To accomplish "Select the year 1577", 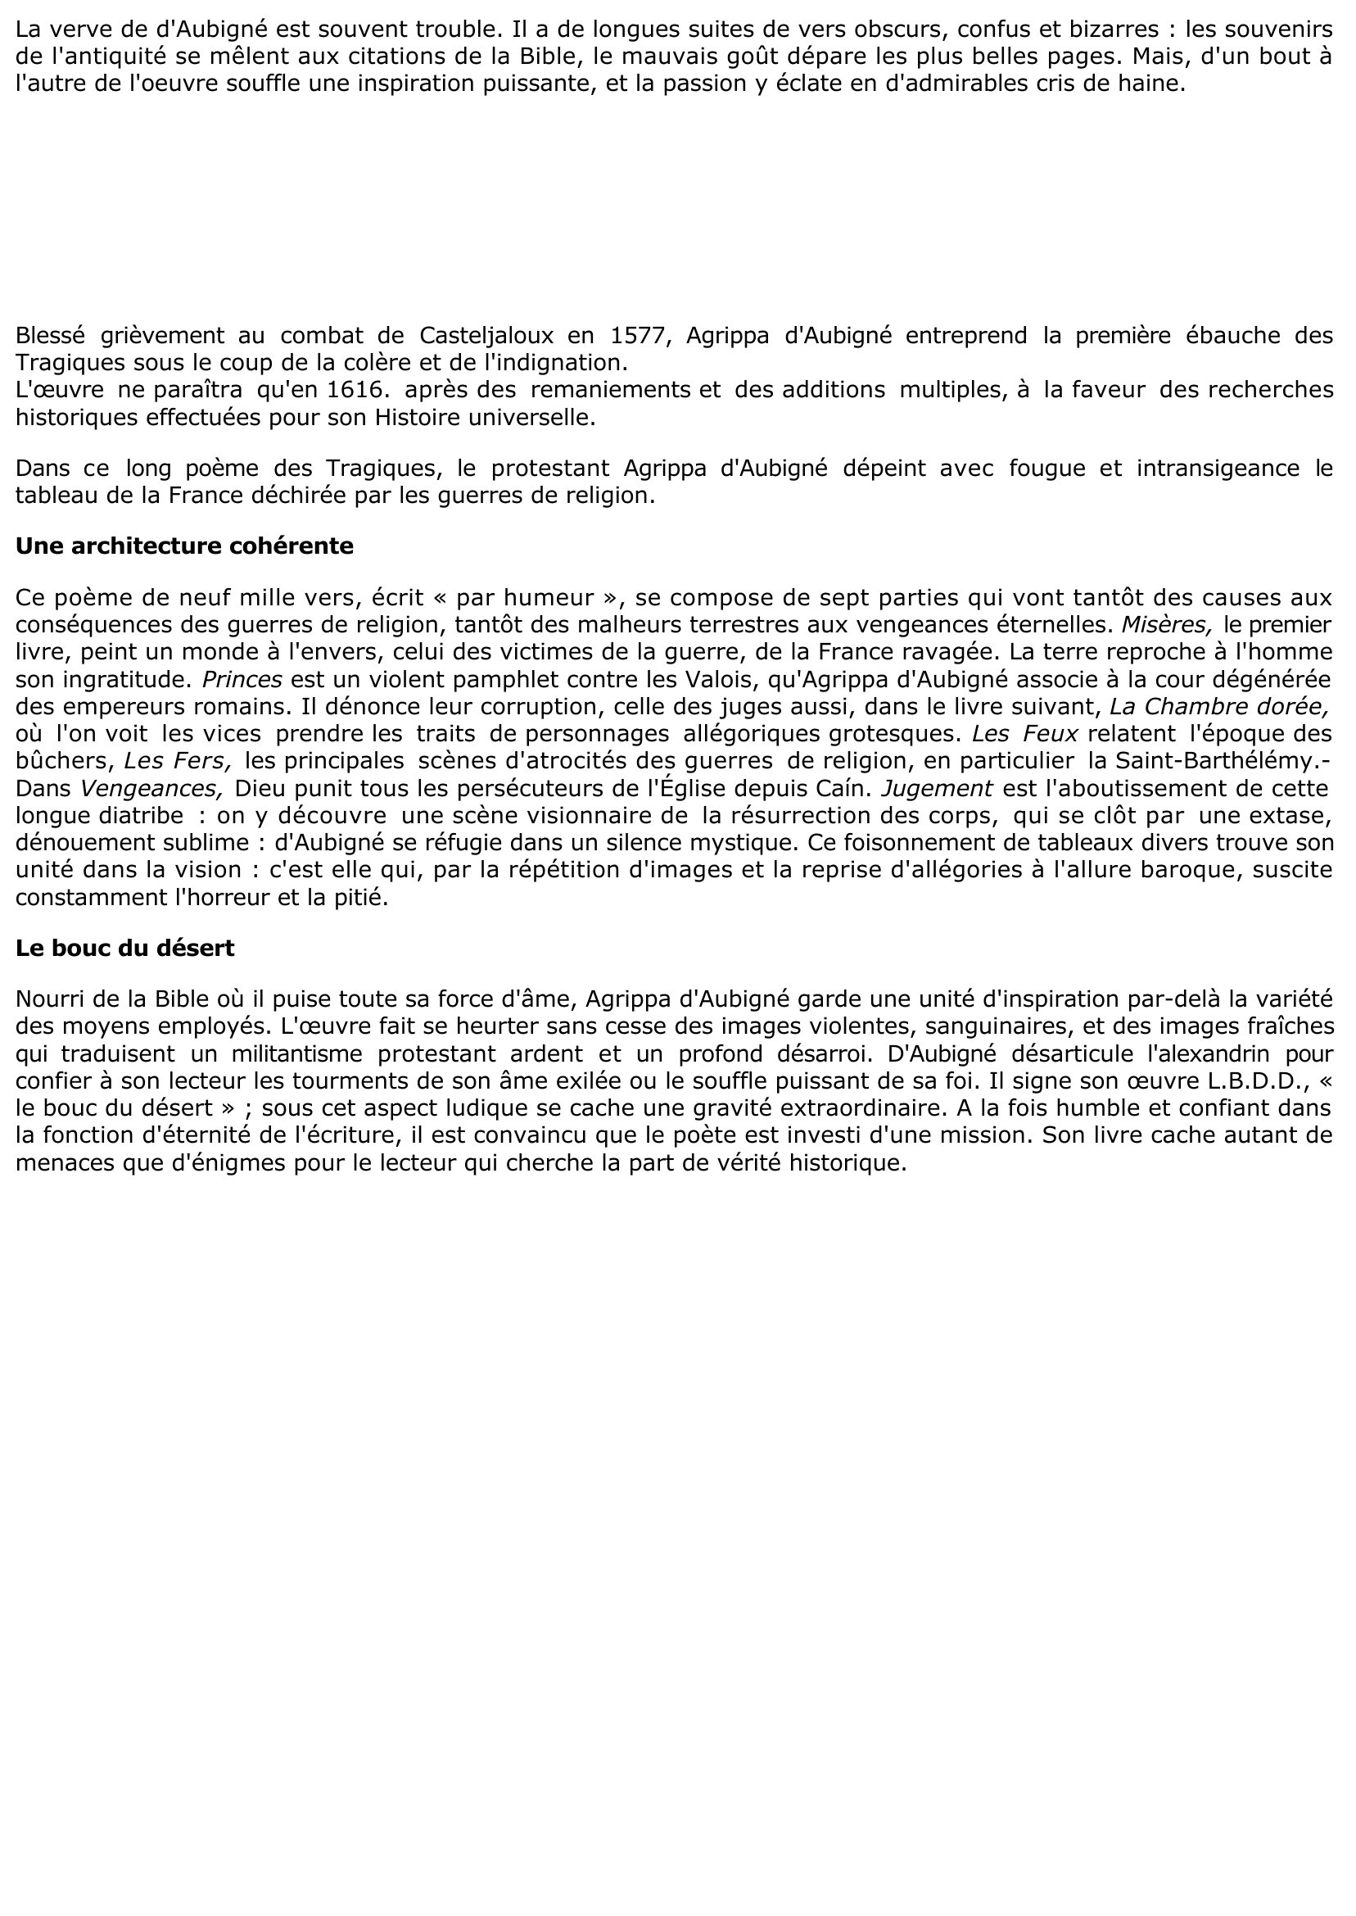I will tap(640, 336).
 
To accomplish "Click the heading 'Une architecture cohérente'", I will tap(184, 546).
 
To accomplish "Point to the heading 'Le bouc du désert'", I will tap(125, 948).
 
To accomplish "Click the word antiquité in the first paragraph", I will tap(113, 57).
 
